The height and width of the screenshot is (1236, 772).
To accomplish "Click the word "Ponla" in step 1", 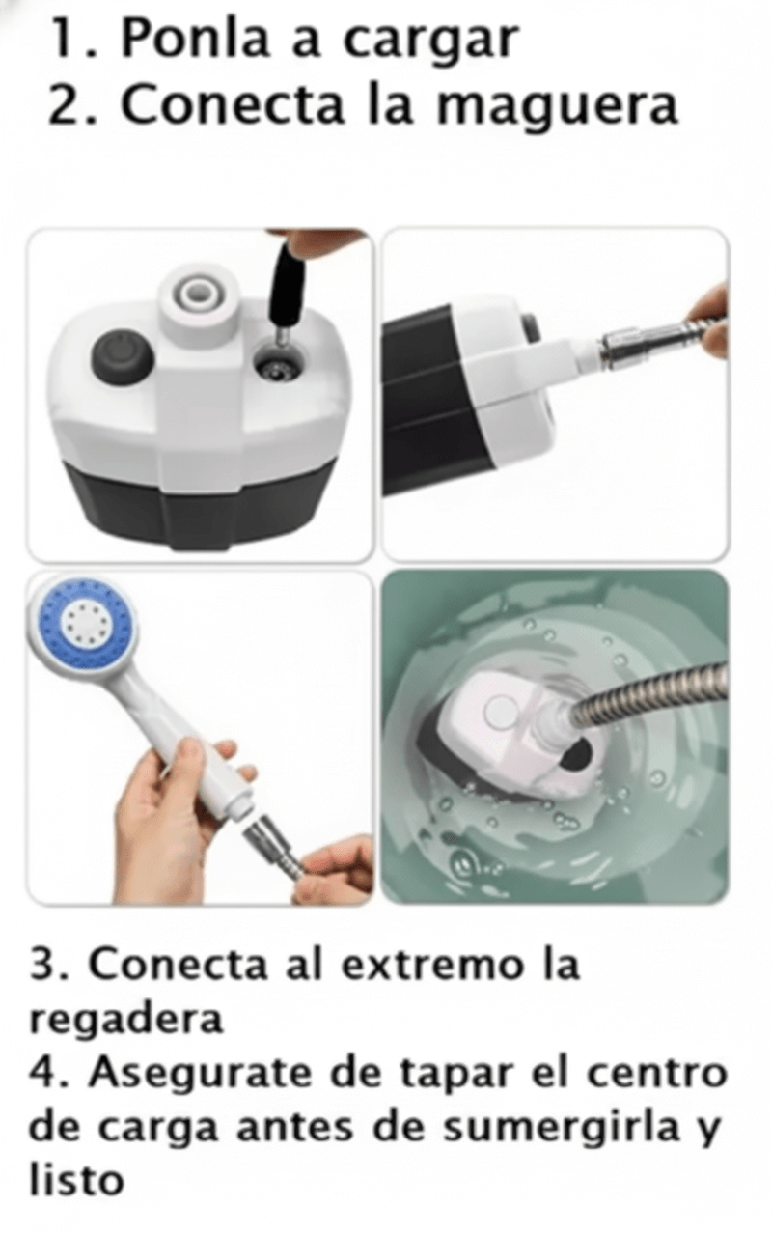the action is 194,40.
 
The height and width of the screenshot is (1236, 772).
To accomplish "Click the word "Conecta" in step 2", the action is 232,104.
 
